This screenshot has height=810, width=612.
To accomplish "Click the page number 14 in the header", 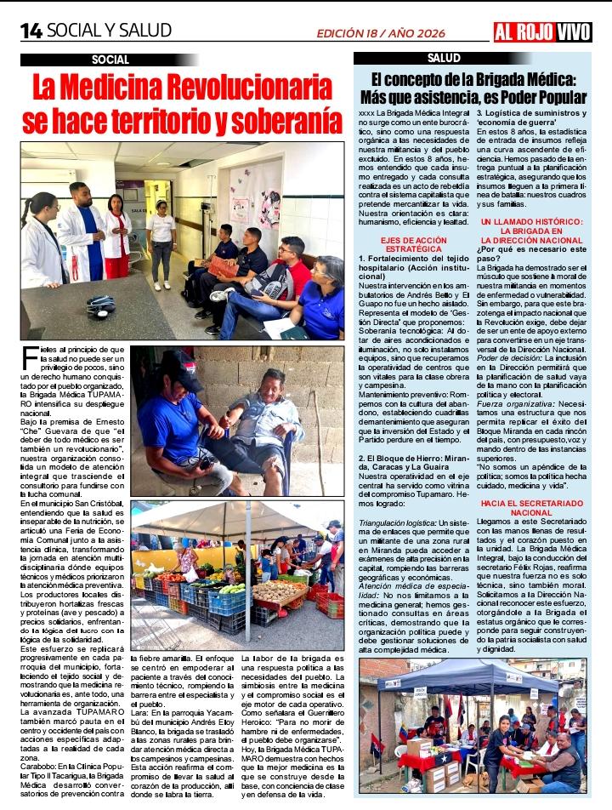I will tap(31, 31).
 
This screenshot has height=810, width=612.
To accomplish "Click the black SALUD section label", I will tap(444, 58).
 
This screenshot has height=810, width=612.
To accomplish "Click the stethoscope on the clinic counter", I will tap(100, 305).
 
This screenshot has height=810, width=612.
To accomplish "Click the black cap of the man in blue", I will tap(183, 358).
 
